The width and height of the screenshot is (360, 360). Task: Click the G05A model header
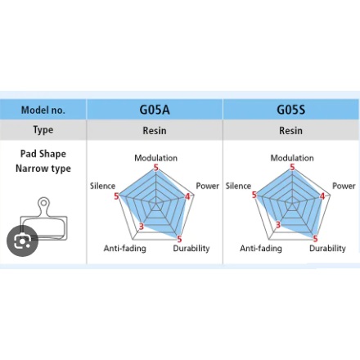(x=155, y=110)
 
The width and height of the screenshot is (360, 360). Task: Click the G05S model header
(x=290, y=110)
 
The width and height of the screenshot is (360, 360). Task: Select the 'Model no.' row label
(x=43, y=110)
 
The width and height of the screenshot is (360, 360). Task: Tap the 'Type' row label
(x=43, y=130)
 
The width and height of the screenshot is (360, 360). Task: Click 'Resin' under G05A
(x=155, y=131)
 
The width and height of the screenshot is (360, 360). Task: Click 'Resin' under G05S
(x=290, y=131)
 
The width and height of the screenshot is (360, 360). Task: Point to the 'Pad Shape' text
(x=43, y=154)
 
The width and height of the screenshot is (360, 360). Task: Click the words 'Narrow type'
(x=43, y=169)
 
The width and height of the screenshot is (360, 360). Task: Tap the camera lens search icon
(x=22, y=241)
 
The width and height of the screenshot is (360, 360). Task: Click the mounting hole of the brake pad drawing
(x=43, y=203)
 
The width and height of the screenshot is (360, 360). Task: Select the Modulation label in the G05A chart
(x=155, y=158)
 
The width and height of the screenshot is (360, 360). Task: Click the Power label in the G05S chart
(x=344, y=186)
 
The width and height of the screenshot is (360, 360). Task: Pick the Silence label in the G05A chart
(x=102, y=186)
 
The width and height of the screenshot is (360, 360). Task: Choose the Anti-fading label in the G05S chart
(x=261, y=249)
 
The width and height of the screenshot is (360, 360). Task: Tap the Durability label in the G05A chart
(x=191, y=249)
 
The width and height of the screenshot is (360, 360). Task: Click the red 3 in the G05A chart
(x=141, y=226)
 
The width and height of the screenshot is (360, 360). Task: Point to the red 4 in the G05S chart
(x=322, y=196)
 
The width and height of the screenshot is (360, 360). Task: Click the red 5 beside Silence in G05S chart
(x=254, y=195)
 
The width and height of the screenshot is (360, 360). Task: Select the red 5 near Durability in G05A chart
(x=179, y=239)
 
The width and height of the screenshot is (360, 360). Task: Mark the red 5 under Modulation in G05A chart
(x=156, y=168)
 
